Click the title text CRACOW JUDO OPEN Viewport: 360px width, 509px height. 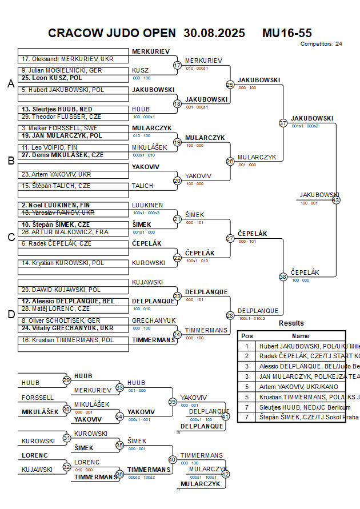click(x=113, y=33)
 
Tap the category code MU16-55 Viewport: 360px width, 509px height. click(x=287, y=33)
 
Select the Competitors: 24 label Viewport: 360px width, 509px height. click(x=321, y=43)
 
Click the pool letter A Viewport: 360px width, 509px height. click(x=10, y=84)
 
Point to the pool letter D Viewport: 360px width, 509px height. click(x=10, y=314)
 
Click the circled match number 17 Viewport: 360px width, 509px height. click(x=177, y=65)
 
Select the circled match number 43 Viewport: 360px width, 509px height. click(x=336, y=200)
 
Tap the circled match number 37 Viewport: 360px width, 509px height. click(x=283, y=123)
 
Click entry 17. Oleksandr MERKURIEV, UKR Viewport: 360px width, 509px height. click(x=67, y=59)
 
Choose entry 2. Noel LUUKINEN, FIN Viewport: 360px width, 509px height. click(x=56, y=205)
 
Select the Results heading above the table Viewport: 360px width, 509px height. click(x=291, y=323)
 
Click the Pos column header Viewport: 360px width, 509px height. click(x=247, y=336)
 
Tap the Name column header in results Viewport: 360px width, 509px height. click(x=301, y=336)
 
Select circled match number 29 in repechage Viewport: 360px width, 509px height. click(x=66, y=380)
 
